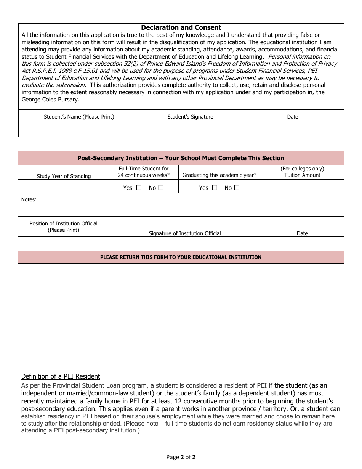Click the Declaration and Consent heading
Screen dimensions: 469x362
[181, 27]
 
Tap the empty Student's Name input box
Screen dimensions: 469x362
[78, 130]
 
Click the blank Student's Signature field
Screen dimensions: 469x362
[190, 130]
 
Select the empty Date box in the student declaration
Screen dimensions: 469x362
[292, 130]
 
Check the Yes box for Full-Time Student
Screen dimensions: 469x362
[139, 188]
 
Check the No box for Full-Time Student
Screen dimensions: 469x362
[161, 188]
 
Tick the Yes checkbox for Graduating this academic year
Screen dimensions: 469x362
[215, 188]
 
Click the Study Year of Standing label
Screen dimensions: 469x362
[64, 176]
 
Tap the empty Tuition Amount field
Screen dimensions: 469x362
[302, 186]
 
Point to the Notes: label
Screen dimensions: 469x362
[29, 199]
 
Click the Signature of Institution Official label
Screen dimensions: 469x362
[185, 233]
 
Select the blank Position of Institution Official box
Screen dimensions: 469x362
[64, 244]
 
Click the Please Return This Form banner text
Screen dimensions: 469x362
[181, 257]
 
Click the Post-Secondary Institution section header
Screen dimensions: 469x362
[181, 158]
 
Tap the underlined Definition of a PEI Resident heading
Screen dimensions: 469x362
[61, 376]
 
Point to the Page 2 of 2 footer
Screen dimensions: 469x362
[181, 457]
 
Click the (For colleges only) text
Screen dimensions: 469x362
[302, 169]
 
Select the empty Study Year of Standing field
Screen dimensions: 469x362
[64, 186]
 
